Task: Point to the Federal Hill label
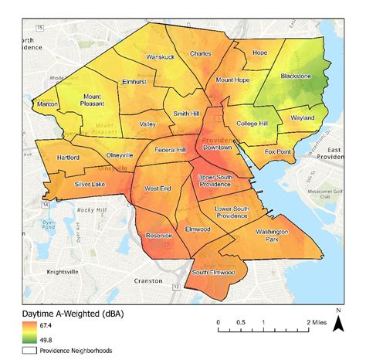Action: coord(169,149)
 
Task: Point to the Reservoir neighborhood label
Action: coord(159,236)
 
